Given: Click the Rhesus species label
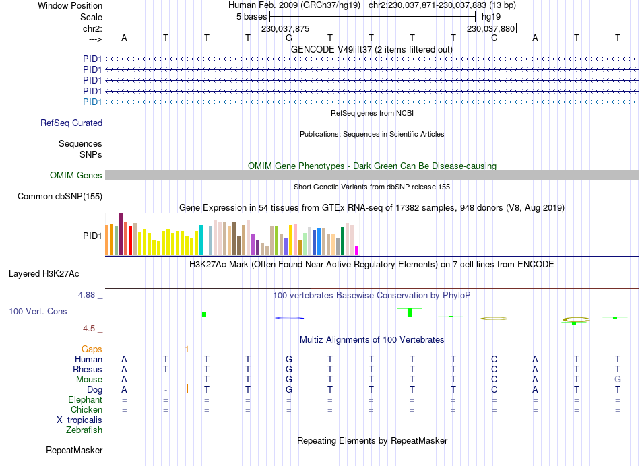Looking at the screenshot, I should point(88,369).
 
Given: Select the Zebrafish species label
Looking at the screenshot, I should point(84,430).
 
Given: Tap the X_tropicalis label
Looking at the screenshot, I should point(79,420).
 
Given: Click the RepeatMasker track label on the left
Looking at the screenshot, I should point(74,450).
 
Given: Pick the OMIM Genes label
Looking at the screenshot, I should point(76,175).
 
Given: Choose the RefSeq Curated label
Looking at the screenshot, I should point(71,123).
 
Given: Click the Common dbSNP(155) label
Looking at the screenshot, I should point(61,196).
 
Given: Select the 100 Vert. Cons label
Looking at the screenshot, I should point(39,312).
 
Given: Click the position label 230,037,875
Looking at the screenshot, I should point(285,28).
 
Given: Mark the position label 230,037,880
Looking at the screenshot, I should point(490,28).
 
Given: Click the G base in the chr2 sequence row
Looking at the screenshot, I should point(288,38).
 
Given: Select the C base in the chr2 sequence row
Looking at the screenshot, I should point(494,38).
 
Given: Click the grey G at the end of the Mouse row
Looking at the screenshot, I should point(617,379).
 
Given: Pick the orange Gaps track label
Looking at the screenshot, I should point(92,349).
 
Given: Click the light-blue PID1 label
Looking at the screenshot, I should point(92,102).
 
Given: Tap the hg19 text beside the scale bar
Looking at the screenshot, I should point(490,16).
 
